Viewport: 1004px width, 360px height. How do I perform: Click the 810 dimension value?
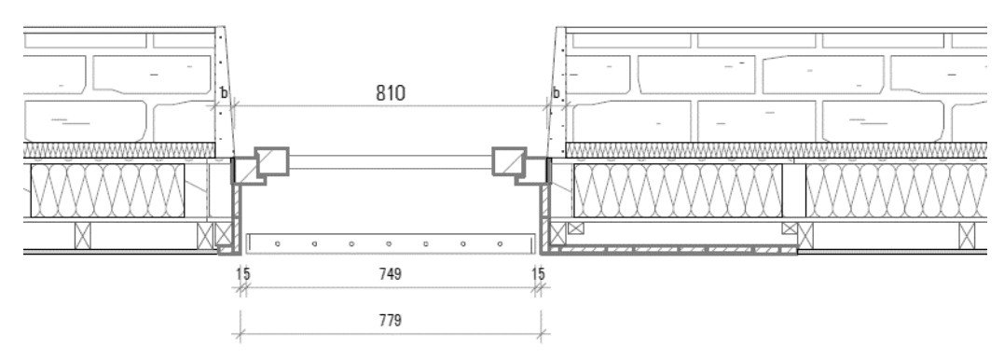(x=390, y=93)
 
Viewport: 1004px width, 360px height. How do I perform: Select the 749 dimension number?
(x=390, y=274)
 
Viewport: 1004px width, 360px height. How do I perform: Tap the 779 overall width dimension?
(x=390, y=320)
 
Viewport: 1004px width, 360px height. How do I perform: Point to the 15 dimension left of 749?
(x=243, y=274)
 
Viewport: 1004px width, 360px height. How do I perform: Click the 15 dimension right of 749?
(x=539, y=274)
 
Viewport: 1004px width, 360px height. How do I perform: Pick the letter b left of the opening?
(x=224, y=93)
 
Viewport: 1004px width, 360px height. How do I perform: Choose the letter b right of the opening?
(x=556, y=93)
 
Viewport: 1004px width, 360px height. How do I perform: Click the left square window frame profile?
(x=272, y=161)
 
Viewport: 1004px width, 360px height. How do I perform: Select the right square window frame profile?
(x=509, y=161)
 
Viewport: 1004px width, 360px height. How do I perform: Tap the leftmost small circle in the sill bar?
(x=277, y=243)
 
